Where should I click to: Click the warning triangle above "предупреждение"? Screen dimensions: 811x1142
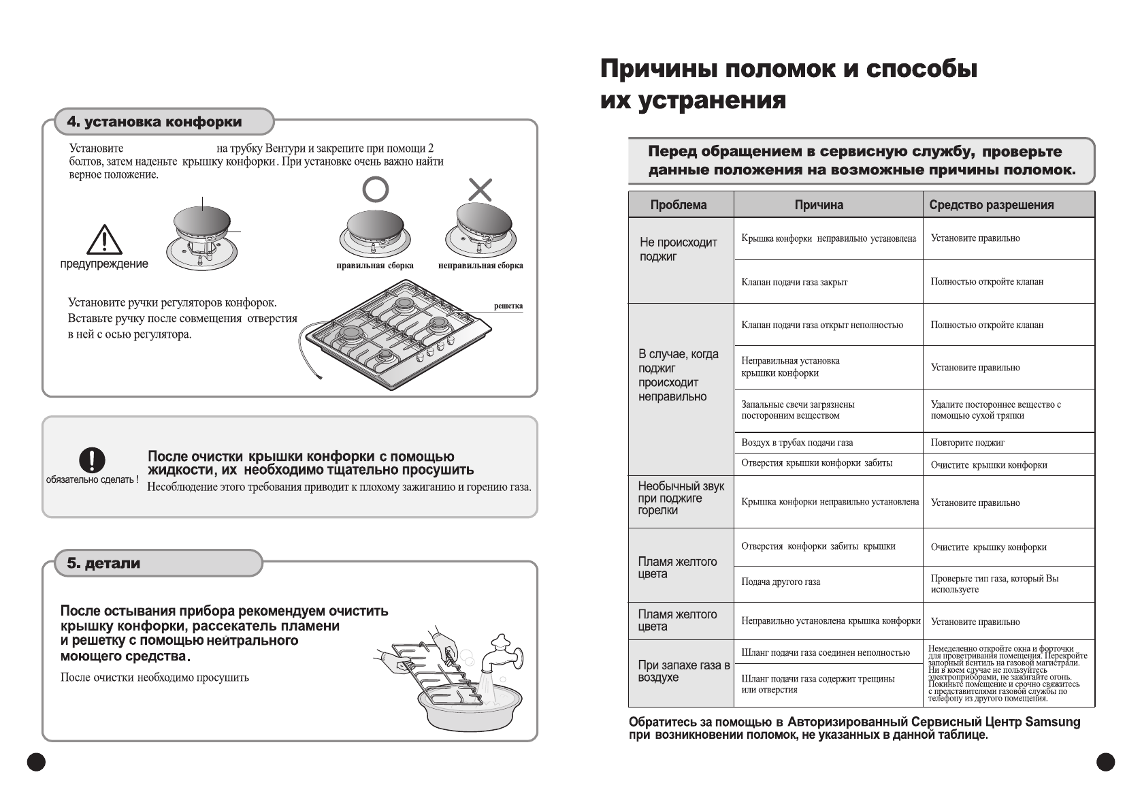tap(104, 240)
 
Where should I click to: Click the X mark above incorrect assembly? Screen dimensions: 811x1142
tap(480, 189)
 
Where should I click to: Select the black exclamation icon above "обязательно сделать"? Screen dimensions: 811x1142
tap(92, 460)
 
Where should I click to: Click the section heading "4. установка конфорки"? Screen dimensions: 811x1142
tap(154, 123)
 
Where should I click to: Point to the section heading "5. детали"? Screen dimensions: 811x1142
tap(103, 564)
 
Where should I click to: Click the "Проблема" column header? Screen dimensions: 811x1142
tap(679, 205)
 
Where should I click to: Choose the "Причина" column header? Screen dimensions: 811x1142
tap(819, 205)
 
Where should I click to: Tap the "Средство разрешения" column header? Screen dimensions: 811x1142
tap(991, 205)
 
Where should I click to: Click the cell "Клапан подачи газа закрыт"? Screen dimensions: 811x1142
tap(794, 282)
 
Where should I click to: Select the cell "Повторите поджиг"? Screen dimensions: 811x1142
tap(967, 443)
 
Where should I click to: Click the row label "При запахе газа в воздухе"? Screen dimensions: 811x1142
tap(683, 671)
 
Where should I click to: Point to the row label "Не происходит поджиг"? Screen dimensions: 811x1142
tap(678, 249)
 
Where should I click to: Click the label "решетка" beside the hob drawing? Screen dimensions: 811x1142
tap(508, 306)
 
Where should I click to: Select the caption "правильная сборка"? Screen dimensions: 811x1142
tap(375, 266)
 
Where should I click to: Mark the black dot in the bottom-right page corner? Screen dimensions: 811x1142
tap(1106, 761)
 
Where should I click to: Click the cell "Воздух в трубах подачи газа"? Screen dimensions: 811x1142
tap(797, 443)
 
